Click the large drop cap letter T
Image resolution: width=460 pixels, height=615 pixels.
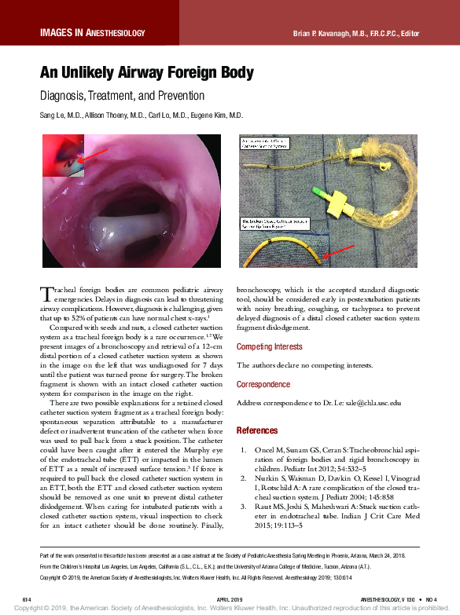point(46,295)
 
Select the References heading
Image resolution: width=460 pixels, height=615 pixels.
point(256,430)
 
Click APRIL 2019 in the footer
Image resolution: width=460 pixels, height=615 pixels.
point(230,599)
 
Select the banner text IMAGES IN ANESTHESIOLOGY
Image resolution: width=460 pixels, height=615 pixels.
point(93,33)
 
